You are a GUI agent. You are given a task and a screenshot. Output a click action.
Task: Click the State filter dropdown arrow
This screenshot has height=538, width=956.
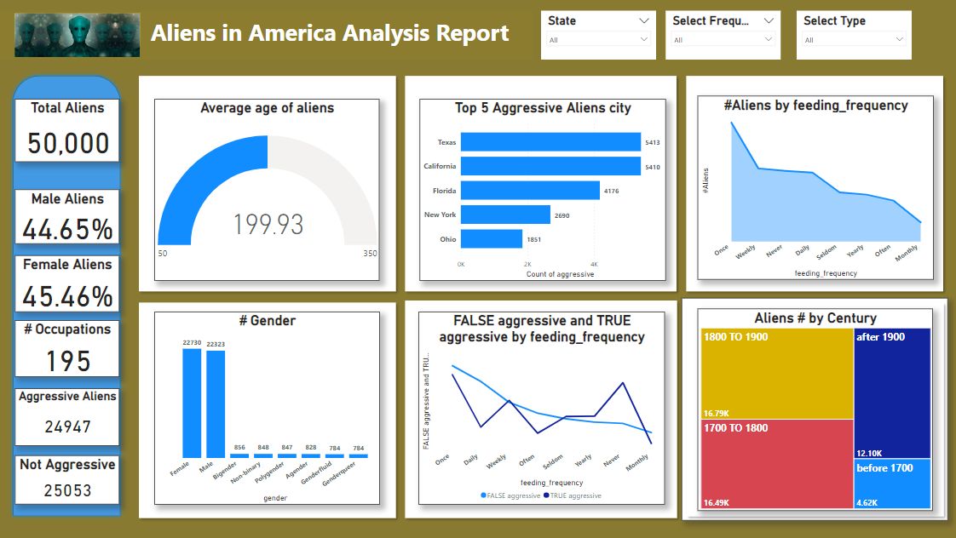[643, 20]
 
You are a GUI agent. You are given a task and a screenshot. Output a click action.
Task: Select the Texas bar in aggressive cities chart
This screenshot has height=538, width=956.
[550, 142]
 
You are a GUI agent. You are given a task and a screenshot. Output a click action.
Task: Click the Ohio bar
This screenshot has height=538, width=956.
[491, 239]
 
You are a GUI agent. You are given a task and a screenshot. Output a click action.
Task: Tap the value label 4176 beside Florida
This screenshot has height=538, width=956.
[611, 192]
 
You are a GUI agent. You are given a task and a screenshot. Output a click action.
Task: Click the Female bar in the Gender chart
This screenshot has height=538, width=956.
[192, 403]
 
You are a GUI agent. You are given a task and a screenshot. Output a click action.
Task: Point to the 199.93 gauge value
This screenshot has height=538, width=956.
[268, 225]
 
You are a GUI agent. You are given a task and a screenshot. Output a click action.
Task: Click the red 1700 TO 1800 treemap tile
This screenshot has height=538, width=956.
[776, 464]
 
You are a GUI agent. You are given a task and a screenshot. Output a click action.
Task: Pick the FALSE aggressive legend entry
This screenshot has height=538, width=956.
[512, 495]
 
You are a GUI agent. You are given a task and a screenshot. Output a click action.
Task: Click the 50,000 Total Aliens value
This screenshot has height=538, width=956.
[68, 143]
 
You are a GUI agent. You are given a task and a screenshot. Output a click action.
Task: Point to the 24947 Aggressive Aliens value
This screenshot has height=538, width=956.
[67, 426]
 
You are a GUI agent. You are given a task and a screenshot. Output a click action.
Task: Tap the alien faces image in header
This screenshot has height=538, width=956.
[78, 35]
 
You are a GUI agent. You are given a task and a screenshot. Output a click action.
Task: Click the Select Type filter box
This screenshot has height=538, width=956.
[854, 35]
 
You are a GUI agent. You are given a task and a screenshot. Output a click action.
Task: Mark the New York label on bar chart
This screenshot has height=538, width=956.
[440, 215]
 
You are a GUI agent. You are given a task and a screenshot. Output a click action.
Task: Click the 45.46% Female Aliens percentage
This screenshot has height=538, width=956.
[67, 296]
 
